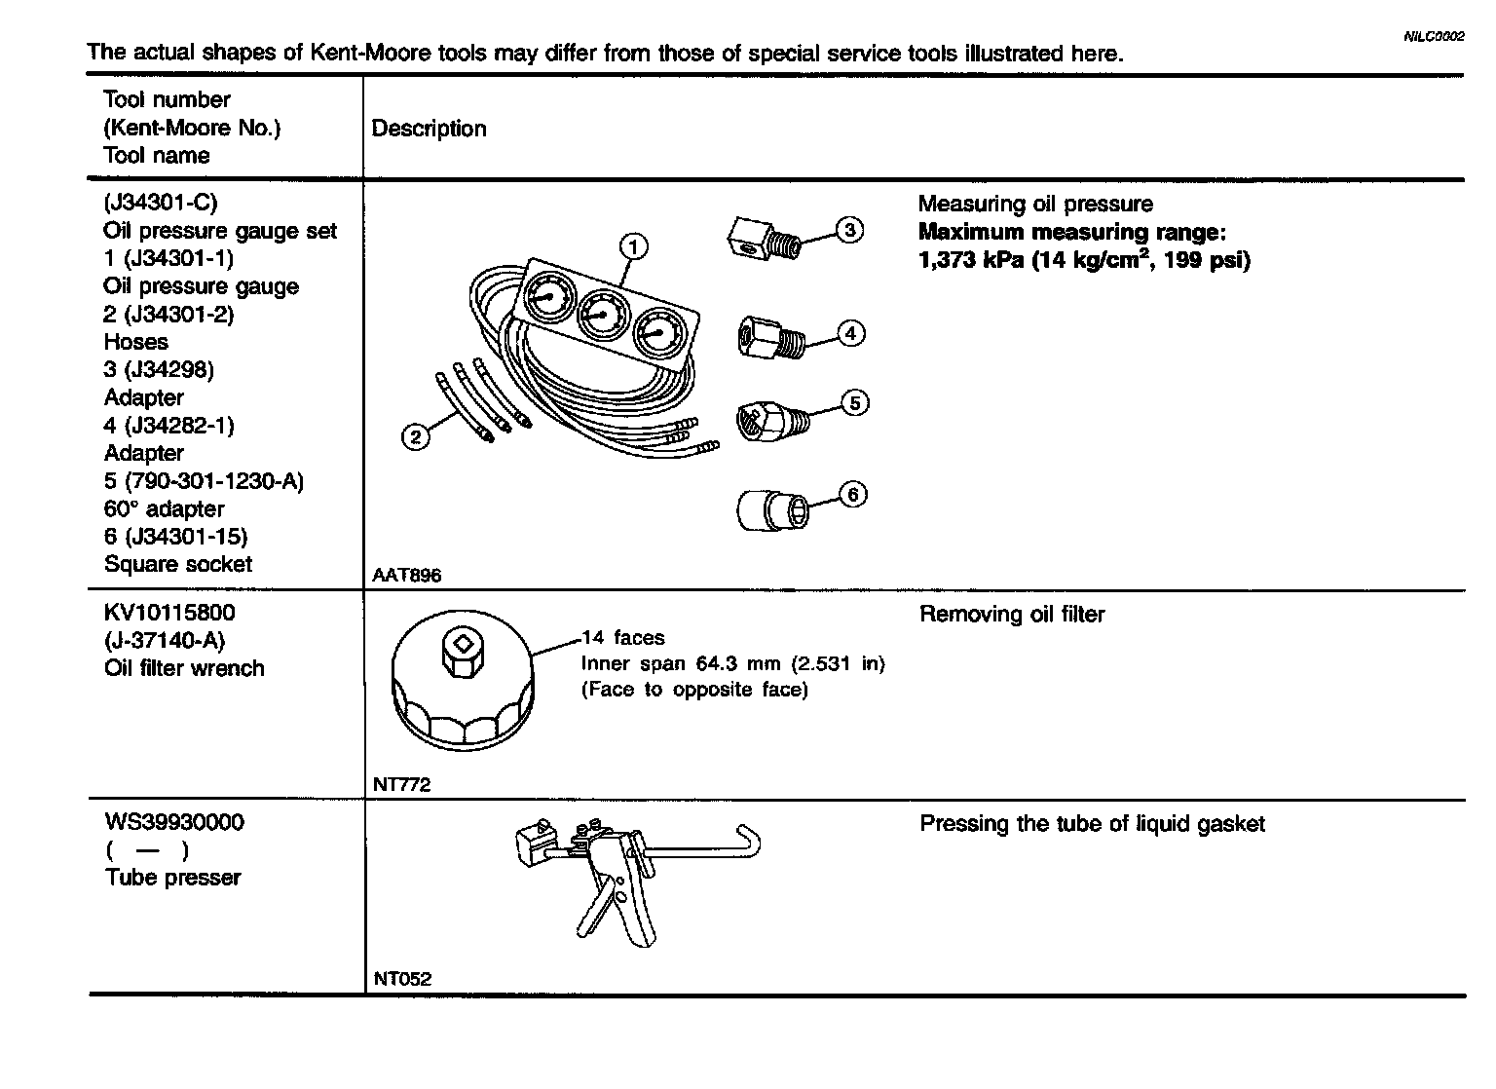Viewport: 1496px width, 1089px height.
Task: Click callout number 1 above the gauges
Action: click(x=633, y=246)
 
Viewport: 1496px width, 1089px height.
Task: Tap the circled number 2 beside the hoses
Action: click(x=416, y=437)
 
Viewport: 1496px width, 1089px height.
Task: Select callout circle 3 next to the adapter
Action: click(x=849, y=230)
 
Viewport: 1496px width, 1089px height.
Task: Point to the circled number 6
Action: click(x=853, y=495)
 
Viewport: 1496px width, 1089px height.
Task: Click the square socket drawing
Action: click(x=768, y=508)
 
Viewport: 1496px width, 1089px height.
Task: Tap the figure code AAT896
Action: click(x=407, y=576)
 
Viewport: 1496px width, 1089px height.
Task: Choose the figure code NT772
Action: click(x=401, y=784)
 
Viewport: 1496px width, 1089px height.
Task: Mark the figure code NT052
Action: click(x=401, y=979)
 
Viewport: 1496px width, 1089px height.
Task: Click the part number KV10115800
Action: click(x=169, y=614)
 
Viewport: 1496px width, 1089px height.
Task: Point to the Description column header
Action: click(x=429, y=129)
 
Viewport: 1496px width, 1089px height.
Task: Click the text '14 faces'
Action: click(x=623, y=638)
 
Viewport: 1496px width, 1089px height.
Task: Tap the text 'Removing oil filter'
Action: click(x=1012, y=615)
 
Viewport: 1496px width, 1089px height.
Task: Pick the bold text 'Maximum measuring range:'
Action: click(x=1071, y=232)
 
